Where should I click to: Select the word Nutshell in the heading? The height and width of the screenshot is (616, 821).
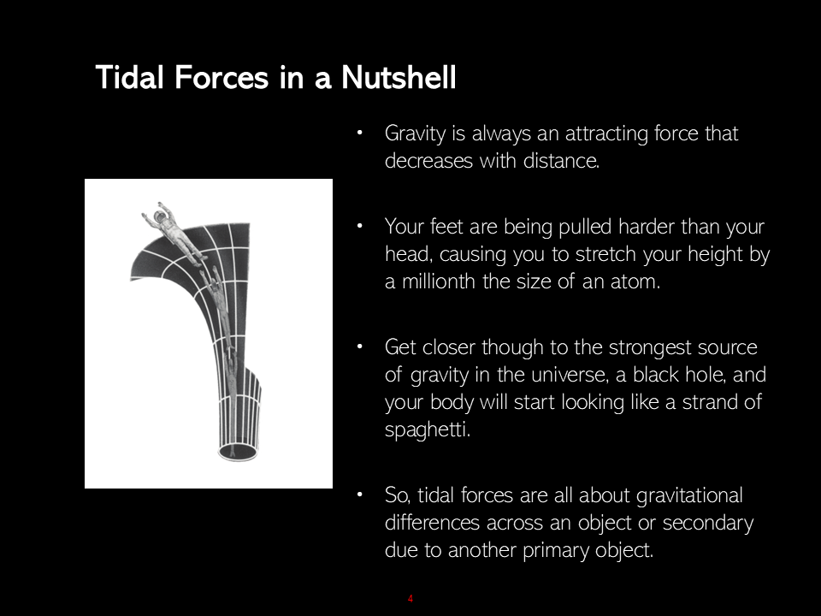pos(399,77)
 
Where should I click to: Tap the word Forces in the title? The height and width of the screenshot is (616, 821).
pos(221,78)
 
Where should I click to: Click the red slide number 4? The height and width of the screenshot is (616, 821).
pos(410,599)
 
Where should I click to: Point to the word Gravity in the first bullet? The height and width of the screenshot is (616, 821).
pos(416,134)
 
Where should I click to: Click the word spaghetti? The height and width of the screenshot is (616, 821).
pos(428,430)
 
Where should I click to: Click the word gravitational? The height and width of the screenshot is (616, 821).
pos(689,496)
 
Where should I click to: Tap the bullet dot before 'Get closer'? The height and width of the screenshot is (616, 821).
pos(360,346)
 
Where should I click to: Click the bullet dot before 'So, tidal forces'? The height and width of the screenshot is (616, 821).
pos(360,494)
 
